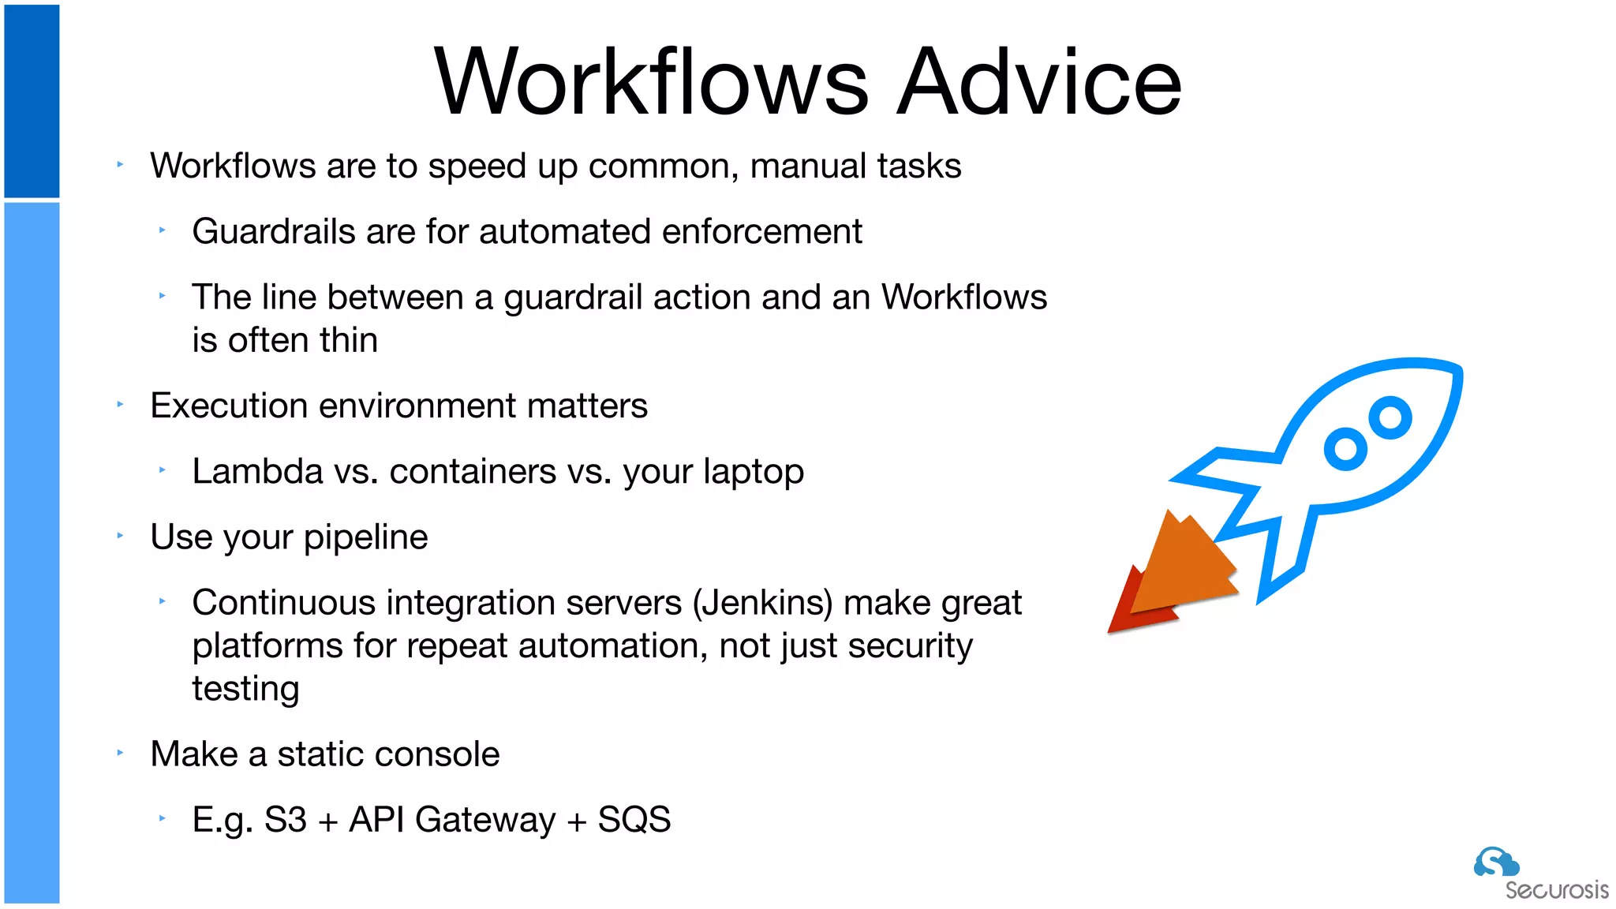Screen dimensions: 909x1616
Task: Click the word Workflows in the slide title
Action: pyautogui.click(x=651, y=82)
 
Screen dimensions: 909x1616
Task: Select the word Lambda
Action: pyautogui.click(x=257, y=472)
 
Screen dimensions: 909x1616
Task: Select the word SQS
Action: pyautogui.click(x=634, y=820)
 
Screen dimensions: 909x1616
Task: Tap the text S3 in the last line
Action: pyautogui.click(x=285, y=820)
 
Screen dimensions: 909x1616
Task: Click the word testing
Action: pyautogui.click(x=245, y=689)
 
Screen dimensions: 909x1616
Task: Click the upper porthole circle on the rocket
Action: pyautogui.click(x=1390, y=418)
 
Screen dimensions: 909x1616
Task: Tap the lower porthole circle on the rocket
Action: pyautogui.click(x=1345, y=449)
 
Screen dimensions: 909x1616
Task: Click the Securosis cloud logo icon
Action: pyautogui.click(x=1495, y=862)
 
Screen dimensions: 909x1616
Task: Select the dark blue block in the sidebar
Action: pyautogui.click(x=32, y=101)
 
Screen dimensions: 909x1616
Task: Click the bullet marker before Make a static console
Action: pyautogui.click(x=120, y=754)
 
